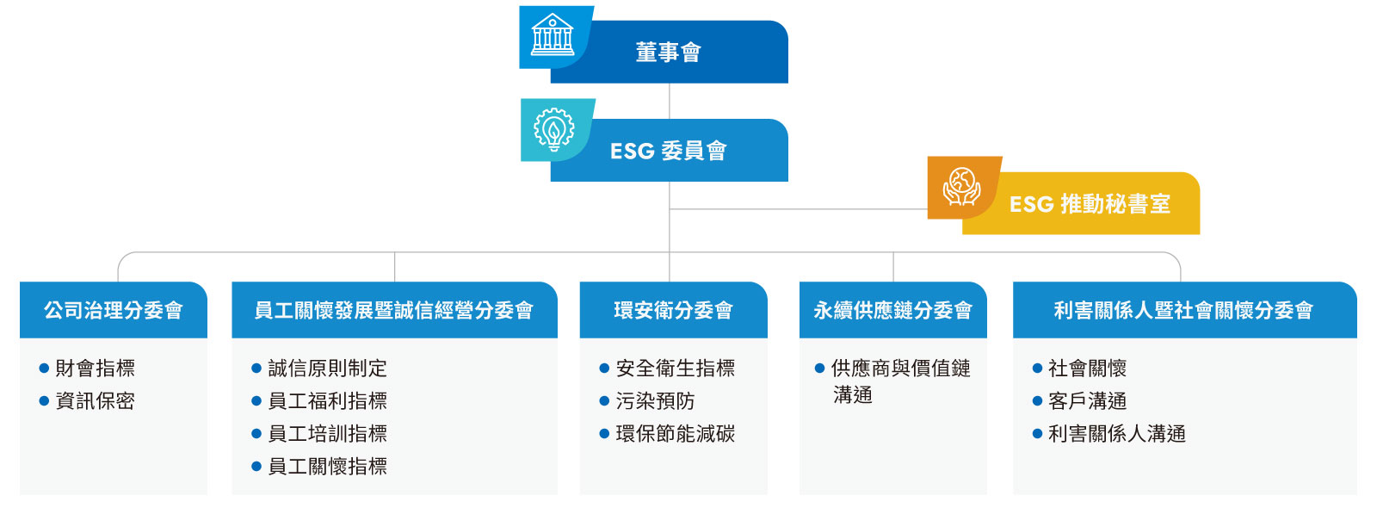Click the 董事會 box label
[668, 53]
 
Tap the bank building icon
[552, 34]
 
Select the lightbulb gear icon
[554, 129]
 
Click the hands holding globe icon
[962, 186]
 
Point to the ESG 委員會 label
[668, 151]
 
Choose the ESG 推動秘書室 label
[1090, 204]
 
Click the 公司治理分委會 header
[113, 310]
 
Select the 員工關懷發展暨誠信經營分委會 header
[394, 310]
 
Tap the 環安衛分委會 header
[673, 310]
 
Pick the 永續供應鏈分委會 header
[892, 310]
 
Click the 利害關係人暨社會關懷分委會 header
[1183, 310]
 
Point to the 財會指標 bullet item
[95, 368]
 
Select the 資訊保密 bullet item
[95, 400]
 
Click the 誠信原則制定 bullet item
[328, 368]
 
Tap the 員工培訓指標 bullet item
[328, 433]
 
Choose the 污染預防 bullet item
[655, 400]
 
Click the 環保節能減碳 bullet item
[676, 433]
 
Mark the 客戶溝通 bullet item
[1088, 400]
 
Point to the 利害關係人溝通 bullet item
[1117, 433]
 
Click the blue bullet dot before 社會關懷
[1038, 369]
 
